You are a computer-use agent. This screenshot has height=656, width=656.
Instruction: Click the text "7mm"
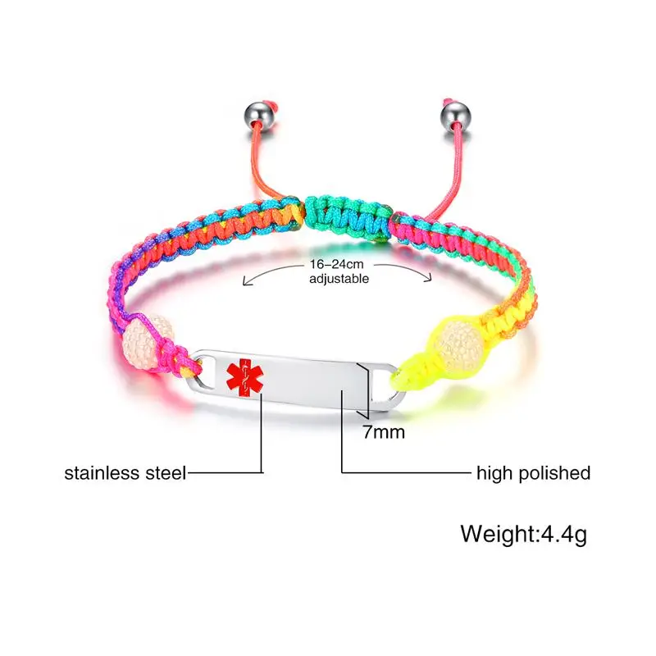[x=384, y=431]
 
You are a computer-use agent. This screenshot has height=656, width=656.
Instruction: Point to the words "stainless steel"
[x=126, y=472]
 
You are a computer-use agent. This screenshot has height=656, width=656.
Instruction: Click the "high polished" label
[x=533, y=472]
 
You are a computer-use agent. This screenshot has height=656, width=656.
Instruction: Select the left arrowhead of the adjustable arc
[x=244, y=283]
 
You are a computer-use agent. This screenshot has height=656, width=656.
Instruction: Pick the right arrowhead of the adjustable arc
[x=430, y=281]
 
